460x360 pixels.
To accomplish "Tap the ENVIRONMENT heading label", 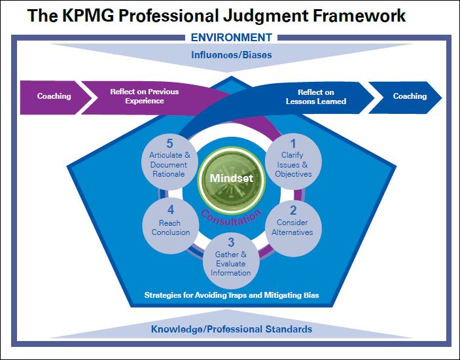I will point(231,37).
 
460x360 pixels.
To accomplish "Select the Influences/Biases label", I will point(231,54).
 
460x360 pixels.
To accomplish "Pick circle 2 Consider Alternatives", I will point(292,222).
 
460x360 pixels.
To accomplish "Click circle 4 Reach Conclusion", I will point(169,222).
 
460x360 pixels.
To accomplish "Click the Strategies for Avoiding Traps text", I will point(231,296).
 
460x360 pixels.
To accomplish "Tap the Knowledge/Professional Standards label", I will point(232,329).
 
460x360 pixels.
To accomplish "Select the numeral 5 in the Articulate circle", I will point(169,143).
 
